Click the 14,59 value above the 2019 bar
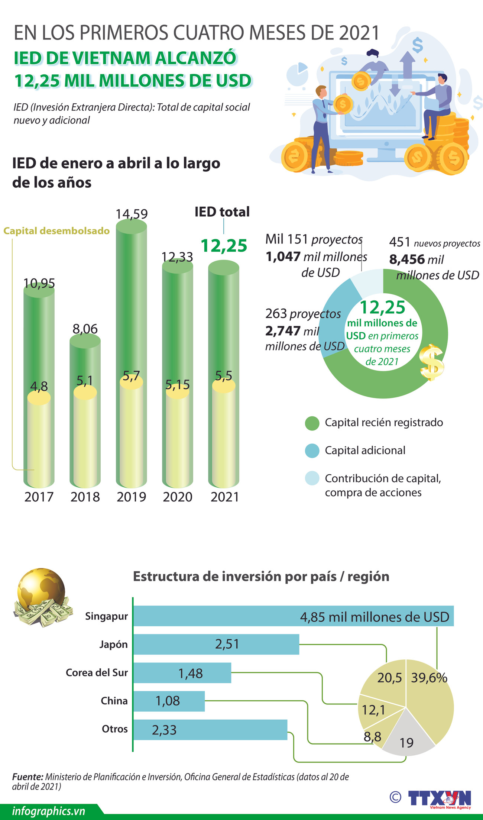coord(132,214)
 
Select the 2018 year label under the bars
coord(85,497)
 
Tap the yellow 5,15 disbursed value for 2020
coord(178,385)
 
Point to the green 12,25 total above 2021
coord(224,246)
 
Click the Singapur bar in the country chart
coord(293,616)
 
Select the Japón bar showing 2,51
coord(216,644)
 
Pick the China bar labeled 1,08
coord(169,701)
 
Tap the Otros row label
coord(114,729)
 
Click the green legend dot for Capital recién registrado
coord(312,423)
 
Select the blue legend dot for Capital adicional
coord(312,451)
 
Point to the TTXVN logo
coord(439,798)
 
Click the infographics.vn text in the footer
coord(49,811)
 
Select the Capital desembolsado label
coord(56,231)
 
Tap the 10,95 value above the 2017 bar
coord(39,284)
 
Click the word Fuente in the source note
coord(27,777)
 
